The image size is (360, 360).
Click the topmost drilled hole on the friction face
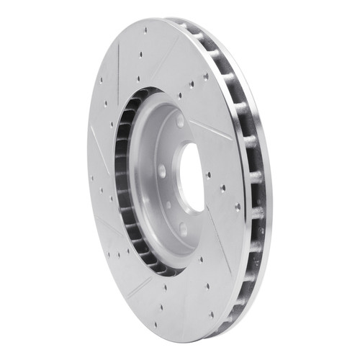[x=146, y=31]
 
